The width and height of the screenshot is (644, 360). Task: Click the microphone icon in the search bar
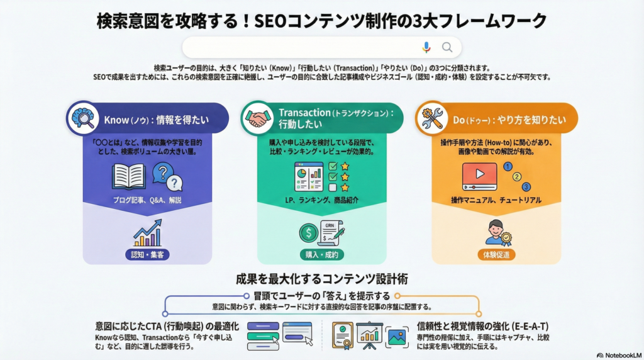pos(426,47)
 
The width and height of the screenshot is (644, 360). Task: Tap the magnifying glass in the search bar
pos(447,47)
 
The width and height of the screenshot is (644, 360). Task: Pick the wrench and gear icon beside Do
pos(431,118)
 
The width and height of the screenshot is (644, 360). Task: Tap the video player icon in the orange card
pos(479,177)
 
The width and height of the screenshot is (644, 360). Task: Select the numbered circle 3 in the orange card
pos(526,186)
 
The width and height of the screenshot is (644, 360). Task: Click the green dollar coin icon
pos(309,233)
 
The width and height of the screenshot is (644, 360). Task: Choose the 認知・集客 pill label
pos(147,255)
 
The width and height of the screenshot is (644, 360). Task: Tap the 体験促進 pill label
pos(496,255)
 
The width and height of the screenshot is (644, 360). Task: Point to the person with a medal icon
pos(496,232)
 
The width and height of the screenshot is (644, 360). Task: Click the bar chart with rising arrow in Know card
pos(147,233)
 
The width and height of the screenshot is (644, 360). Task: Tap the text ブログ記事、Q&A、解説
pos(147,200)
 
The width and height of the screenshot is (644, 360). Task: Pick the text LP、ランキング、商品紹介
pos(321,200)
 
